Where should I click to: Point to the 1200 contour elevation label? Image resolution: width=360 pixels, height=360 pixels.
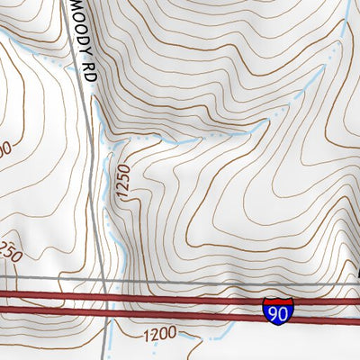tap(159, 335)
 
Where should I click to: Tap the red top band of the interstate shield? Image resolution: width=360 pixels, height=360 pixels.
tap(278, 299)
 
